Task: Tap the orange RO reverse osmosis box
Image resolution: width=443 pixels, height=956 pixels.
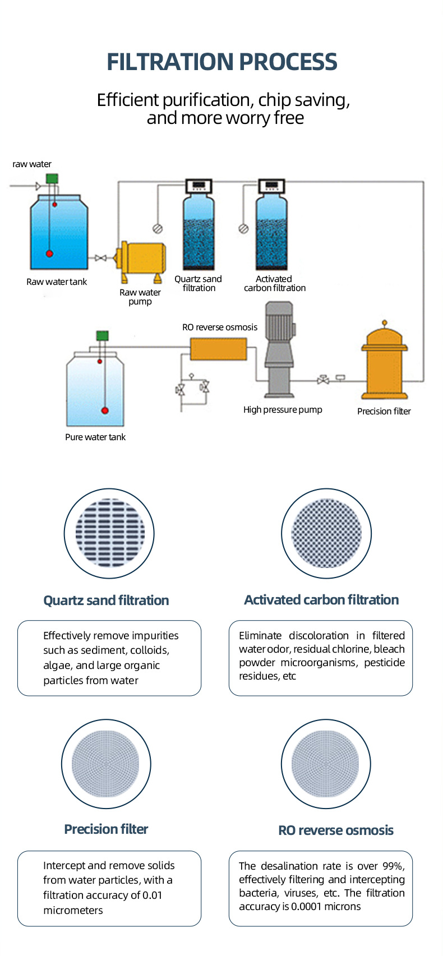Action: pos(219,349)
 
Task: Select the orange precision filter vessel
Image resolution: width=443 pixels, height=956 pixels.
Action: pos(384,360)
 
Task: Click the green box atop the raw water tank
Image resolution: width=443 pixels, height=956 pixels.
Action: pos(52,178)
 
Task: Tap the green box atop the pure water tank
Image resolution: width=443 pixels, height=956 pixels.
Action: pos(103,335)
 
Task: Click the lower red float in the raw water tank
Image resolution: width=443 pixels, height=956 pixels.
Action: pos(49,253)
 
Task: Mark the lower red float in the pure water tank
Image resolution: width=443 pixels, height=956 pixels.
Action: pos(104,410)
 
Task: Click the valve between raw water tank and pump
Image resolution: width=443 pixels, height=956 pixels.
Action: pos(101,258)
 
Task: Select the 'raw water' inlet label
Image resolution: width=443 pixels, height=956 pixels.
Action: pos(32,164)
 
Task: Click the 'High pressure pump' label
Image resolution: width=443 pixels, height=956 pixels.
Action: pos(283,410)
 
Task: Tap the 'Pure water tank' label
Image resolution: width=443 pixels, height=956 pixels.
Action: pos(95,437)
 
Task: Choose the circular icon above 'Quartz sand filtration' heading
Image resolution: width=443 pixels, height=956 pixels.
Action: pos(109,533)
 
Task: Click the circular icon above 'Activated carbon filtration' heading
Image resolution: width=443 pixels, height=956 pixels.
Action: pos(326,533)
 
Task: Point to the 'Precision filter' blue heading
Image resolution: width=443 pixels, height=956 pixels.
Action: pos(106,829)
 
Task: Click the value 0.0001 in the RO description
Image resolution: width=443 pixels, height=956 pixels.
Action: pos(306,907)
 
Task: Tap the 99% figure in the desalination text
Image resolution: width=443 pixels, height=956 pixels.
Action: pos(394,866)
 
